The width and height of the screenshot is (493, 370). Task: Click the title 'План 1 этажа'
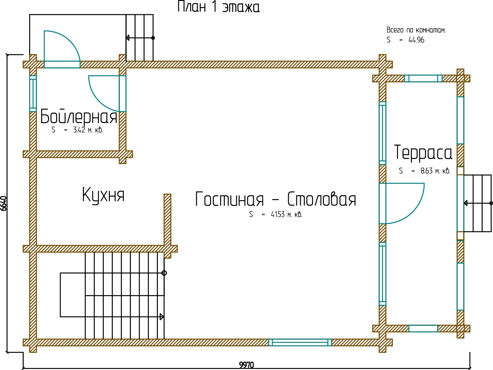[218, 7]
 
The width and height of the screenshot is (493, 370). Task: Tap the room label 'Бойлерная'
[78, 117]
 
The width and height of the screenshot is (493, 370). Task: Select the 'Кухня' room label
[103, 195]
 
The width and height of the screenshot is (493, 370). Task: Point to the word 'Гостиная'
[229, 199]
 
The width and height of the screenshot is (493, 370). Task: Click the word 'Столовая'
[322, 199]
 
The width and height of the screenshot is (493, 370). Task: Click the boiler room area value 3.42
[79, 130]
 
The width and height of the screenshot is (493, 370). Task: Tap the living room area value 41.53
[278, 214]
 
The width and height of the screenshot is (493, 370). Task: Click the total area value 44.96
[416, 40]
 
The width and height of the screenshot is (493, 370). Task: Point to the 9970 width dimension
[246, 365]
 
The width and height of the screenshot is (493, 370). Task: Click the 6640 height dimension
[4, 203]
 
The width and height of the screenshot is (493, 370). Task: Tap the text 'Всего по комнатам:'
[416, 30]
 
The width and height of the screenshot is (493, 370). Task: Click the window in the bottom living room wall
[300, 342]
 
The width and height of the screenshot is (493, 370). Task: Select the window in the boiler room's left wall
[33, 93]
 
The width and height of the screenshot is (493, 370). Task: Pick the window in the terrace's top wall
[423, 78]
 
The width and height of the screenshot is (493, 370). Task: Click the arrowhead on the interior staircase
[162, 316]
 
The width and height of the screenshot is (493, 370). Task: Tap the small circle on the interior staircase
[164, 273]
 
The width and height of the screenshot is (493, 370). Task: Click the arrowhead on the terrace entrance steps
[466, 203]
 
